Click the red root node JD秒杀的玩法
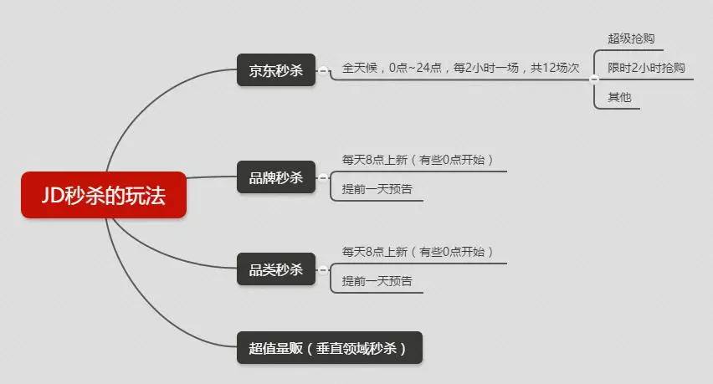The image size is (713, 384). pos(103,195)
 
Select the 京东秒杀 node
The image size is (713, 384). pos(275,71)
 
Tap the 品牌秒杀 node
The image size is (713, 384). pos(275,177)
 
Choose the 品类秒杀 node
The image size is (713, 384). pos(275,269)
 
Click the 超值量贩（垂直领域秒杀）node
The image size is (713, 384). pos(329,348)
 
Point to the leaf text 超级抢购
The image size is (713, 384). pos(631,38)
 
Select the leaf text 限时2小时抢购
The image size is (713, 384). pos(645,68)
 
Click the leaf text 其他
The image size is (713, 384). pos(619,97)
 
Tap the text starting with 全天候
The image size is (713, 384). pos(460,68)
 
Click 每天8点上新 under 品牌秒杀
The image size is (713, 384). pos(417,159)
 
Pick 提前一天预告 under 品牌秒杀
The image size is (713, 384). pos(377,189)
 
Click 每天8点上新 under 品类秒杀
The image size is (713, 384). pos(417,251)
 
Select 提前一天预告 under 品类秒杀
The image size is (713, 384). pos(377,281)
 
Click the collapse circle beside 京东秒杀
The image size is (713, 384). pos(322,71)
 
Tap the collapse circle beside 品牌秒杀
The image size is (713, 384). pos(322,177)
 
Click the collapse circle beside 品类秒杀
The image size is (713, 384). pos(322,269)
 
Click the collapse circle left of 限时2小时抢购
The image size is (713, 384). pos(593,79)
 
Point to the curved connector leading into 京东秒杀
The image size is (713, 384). pos(151,96)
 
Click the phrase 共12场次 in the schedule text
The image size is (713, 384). pos(555,68)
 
